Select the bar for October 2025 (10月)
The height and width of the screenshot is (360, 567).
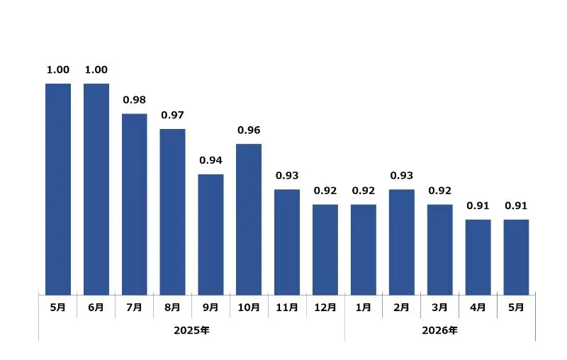pos(249,220)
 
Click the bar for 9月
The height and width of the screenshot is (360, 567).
pos(210,235)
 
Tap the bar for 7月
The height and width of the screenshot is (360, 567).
pos(135,204)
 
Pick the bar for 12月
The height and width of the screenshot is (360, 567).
pos(325,249)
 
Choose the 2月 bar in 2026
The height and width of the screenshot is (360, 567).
pos(402,242)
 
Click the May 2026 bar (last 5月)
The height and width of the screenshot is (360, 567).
pos(517,257)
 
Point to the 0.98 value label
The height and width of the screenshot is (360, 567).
pos(135,100)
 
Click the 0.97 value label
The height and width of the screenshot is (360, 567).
pos(172,115)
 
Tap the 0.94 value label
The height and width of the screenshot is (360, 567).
pos(210,160)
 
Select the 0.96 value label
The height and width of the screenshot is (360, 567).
pos(249,130)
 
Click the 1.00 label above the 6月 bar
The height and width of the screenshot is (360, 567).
pos(96,69)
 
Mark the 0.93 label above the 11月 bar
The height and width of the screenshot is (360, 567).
pos(287,175)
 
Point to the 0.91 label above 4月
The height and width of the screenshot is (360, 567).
pos(478,206)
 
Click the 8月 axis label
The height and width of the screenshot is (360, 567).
pos(172,308)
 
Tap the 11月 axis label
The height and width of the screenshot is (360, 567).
pos(287,308)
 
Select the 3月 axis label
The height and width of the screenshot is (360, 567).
pos(439,308)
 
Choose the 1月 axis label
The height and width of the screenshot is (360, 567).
pos(364,308)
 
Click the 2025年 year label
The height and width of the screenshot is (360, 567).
pos(191,330)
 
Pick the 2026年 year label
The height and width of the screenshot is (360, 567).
pos(439,330)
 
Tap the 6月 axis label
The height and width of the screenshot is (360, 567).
pos(96,308)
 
